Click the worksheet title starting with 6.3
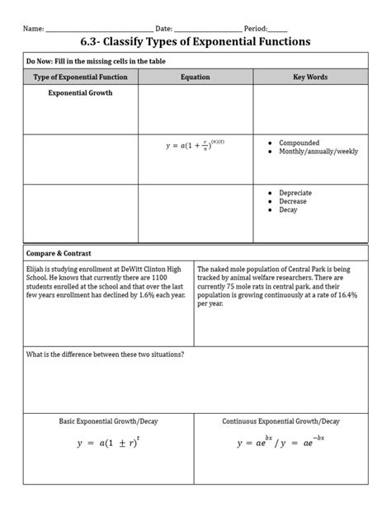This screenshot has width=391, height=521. point(195,40)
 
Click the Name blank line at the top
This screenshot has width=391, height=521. point(98,29)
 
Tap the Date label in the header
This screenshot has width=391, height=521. point(163,26)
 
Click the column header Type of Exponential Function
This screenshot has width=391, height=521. point(80,77)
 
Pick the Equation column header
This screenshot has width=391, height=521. point(195,77)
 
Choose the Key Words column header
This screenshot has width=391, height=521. point(310,77)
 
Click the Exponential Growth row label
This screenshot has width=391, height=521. point(80,93)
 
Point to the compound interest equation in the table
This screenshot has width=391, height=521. point(195,146)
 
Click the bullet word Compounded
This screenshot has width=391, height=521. point(299,143)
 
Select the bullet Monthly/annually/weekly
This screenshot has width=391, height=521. point(318,153)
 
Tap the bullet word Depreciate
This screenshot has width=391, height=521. point(296,192)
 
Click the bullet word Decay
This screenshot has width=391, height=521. point(289,210)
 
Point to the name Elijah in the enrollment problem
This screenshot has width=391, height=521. point(38,269)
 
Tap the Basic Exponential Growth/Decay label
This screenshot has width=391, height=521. point(108,421)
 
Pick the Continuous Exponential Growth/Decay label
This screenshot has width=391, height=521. point(280,421)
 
